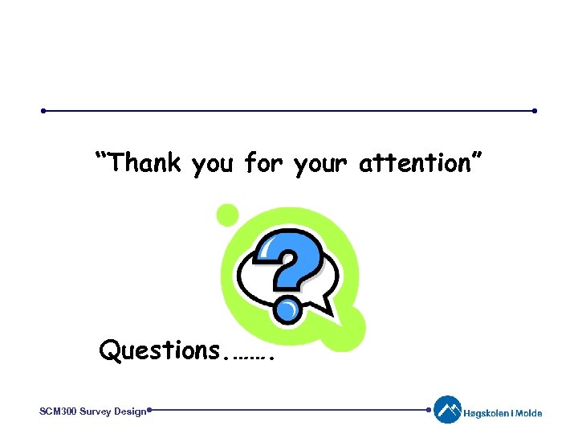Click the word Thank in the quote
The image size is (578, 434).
coord(146,163)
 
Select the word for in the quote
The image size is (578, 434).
coord(263,163)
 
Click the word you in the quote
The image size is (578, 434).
coord(212,165)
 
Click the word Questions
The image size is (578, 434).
coord(160,350)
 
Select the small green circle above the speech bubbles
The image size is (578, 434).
coord(228,215)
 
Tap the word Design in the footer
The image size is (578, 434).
coord(130,411)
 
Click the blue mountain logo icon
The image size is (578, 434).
coord(447,410)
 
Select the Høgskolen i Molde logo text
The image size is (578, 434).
coord(503,414)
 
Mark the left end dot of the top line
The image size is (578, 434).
coord(44,111)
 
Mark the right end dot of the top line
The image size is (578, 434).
coord(535,111)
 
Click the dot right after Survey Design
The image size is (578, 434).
coord(150,410)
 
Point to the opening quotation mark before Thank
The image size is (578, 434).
coord(103,155)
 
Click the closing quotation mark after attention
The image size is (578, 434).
coord(476,155)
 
